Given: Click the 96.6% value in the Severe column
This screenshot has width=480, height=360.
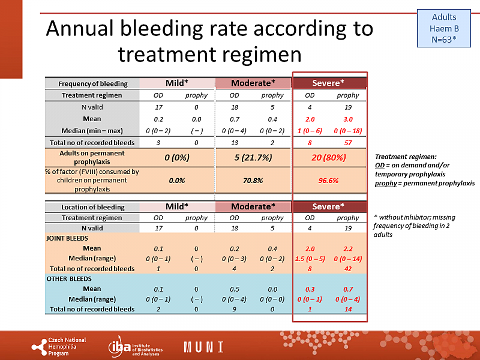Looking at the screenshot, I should [x=328, y=180].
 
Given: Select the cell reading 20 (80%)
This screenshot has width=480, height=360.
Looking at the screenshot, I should [x=328, y=158].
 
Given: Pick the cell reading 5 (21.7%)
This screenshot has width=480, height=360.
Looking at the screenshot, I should [x=253, y=158].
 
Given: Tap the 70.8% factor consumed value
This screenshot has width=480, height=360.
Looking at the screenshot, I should [x=253, y=180].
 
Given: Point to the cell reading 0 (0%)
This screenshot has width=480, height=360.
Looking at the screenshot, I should [x=176, y=158].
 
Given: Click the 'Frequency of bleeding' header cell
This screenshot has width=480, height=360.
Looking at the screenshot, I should [x=92, y=83].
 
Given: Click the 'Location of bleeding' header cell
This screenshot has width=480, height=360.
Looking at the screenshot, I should [x=92, y=207].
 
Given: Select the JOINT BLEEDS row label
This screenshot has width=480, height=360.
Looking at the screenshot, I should [x=64, y=238].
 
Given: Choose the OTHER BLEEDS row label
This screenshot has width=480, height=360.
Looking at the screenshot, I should [x=65, y=279].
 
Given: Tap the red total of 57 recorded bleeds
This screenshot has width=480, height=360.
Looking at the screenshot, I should [x=348, y=143].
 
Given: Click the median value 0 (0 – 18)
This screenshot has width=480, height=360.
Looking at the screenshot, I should [x=348, y=130].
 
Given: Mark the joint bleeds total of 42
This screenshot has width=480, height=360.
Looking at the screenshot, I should [x=348, y=269].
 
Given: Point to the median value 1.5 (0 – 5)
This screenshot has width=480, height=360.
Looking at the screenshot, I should [x=310, y=259].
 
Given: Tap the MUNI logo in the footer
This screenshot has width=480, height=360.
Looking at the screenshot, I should [x=203, y=347].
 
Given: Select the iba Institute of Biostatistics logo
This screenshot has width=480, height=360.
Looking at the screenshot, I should [x=133, y=347].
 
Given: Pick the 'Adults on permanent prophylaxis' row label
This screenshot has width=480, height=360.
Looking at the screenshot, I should [x=92, y=158].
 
